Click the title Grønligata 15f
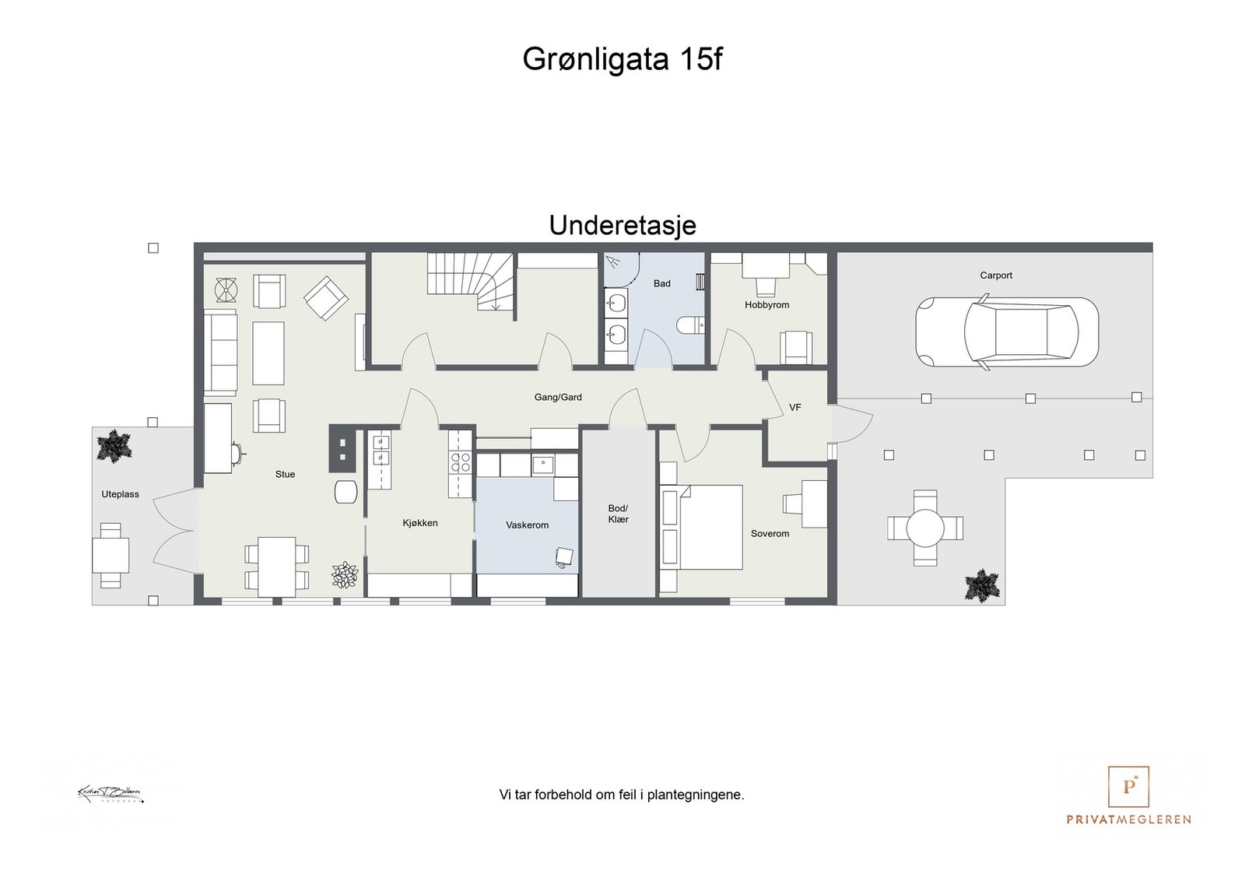coord(622,59)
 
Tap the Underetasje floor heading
coord(622,225)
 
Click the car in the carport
coord(1007,332)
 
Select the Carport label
coord(996,275)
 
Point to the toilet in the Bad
coord(690,324)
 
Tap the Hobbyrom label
coord(766,304)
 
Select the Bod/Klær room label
coord(618,514)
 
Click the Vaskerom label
coord(527,525)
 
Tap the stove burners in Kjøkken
coord(461,462)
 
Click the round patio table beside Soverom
coord(925,528)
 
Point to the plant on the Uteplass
coord(114,446)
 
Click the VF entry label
coord(794,407)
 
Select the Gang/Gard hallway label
coord(558,397)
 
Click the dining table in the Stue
coord(277,566)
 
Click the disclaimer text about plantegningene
coord(622,795)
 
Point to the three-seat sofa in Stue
coord(220,353)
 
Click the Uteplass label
coord(120,494)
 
